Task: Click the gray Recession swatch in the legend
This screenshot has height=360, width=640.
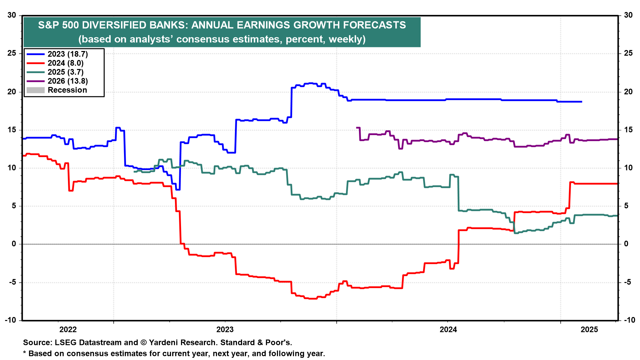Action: pos(35,90)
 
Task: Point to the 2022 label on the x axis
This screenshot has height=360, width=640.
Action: pos(68,330)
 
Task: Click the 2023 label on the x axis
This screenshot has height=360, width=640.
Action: pos(225,330)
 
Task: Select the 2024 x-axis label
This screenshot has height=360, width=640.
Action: pos(448,330)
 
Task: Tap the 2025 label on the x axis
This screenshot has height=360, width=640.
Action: pos(589,330)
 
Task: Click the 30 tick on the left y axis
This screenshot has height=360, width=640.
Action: pos(12,15)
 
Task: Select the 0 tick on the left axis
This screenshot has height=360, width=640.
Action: pos(14,244)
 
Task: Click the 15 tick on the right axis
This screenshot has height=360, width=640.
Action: pos(628,130)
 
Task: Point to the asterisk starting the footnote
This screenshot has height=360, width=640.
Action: pos(24,353)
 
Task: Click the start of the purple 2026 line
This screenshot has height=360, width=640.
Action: pos(357,128)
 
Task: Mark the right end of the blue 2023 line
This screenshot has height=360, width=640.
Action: pos(582,102)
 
